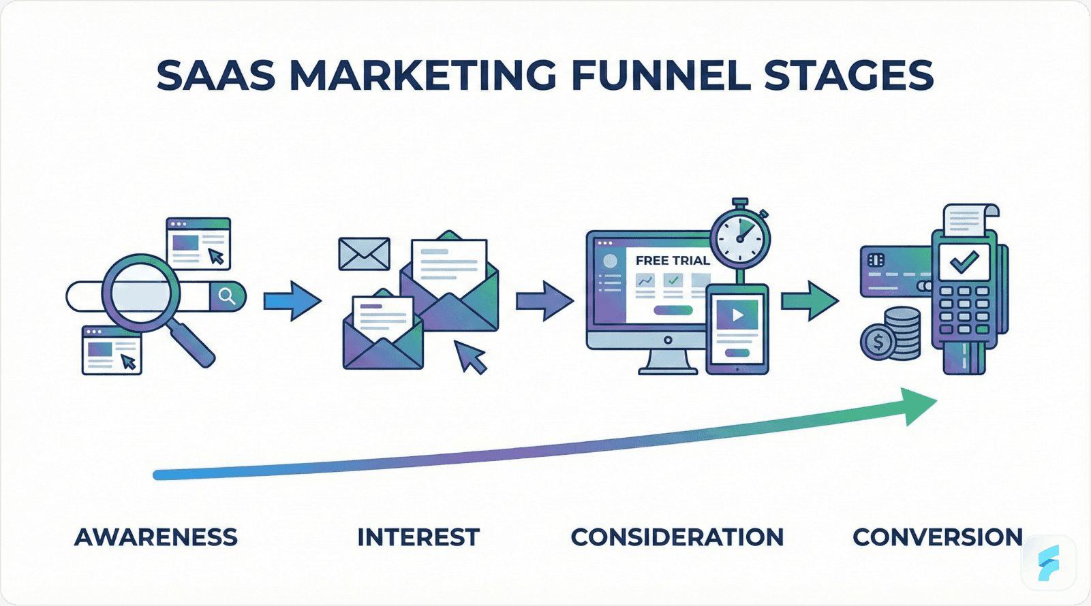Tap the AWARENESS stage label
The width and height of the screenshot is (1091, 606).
coord(156,537)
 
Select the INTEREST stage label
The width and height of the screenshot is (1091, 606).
coord(418,537)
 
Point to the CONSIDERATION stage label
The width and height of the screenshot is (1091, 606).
coord(677,537)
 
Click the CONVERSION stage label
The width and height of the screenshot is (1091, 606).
coord(938,537)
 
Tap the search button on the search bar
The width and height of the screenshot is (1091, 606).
coord(227,296)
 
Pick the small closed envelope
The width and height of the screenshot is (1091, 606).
coord(365,254)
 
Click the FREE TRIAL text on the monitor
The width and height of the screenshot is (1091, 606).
coord(672,260)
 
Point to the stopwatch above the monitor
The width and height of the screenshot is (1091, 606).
coord(740,235)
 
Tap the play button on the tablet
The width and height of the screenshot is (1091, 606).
coord(737,315)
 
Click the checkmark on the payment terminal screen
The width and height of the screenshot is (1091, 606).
coord(964,261)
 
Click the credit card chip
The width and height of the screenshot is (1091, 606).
coord(876,260)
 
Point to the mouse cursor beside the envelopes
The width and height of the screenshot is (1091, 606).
coord(470,356)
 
